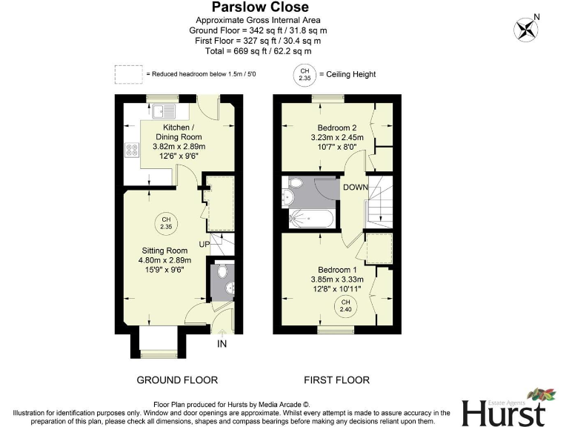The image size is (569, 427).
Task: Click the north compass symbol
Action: point(526,29)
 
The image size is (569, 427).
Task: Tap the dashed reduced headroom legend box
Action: point(128,74)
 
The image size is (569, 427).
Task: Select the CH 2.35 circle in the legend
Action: point(305,74)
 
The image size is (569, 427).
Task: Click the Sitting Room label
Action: point(165,251)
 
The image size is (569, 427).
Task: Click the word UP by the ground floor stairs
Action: point(205,244)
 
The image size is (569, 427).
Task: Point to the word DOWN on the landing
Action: point(355,187)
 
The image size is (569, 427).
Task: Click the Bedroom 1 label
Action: point(337,269)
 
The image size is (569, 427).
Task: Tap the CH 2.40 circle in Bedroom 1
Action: point(345,305)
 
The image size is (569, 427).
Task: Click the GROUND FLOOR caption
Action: point(177,380)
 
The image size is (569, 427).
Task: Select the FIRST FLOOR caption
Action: point(336,380)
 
